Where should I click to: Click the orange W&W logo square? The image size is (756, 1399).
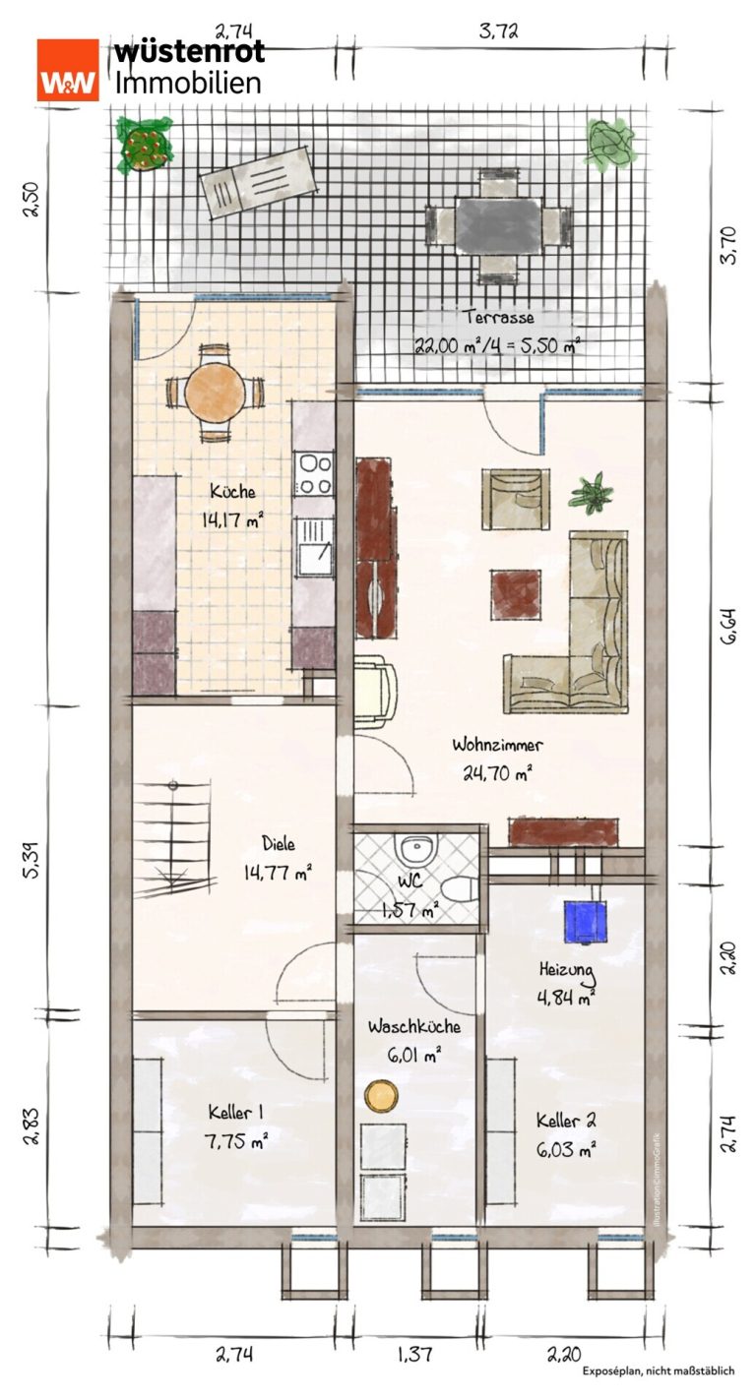pyautogui.click(x=68, y=69)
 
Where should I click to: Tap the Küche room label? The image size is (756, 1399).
pyautogui.click(x=232, y=492)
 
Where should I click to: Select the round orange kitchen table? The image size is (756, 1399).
pyautogui.click(x=215, y=393)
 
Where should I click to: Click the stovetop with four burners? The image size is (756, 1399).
pyautogui.click(x=314, y=474)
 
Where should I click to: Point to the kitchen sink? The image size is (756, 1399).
pyautogui.click(x=314, y=548)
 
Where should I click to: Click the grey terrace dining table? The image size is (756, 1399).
pyautogui.click(x=498, y=225)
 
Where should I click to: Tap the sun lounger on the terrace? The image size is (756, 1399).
pyautogui.click(x=257, y=182)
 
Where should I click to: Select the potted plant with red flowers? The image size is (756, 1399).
pyautogui.click(x=144, y=145)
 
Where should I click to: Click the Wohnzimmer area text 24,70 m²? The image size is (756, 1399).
pyautogui.click(x=497, y=774)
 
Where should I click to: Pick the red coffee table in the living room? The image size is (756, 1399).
pyautogui.click(x=516, y=594)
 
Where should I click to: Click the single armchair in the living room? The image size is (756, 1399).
pyautogui.click(x=516, y=500)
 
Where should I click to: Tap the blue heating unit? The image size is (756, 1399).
pyautogui.click(x=586, y=921)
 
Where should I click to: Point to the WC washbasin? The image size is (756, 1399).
pyautogui.click(x=416, y=849)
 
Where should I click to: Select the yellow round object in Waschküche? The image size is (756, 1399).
pyautogui.click(x=381, y=1096)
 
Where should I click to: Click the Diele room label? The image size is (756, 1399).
pyautogui.click(x=279, y=844)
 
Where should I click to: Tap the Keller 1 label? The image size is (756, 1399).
pyautogui.click(x=235, y=1113)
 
